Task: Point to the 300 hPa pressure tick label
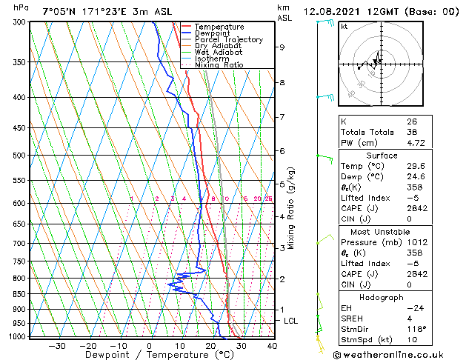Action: [x=17, y=22]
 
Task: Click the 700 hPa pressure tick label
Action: [x=17, y=243]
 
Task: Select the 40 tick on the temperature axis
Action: [x=271, y=345]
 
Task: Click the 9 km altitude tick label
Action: [x=282, y=47]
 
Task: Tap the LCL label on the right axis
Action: [x=291, y=321]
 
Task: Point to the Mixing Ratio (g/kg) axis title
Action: [x=291, y=208]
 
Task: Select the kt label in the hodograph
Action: [x=344, y=27]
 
